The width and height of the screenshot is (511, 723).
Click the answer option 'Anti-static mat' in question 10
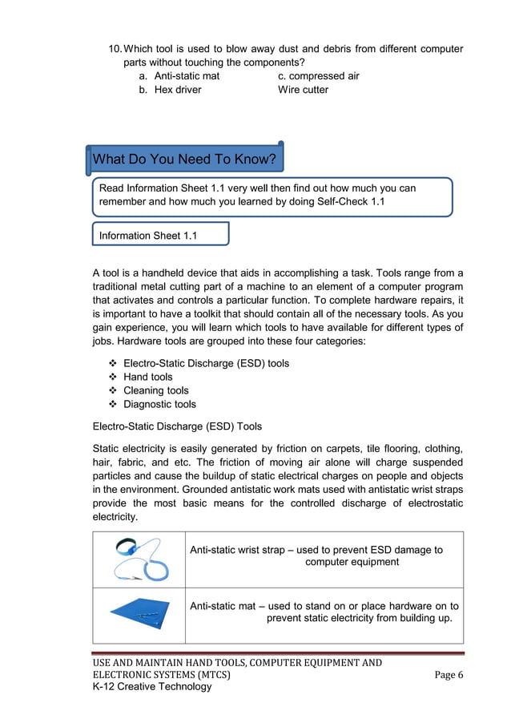[187, 76]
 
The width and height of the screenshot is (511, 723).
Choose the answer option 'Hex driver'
[178, 90]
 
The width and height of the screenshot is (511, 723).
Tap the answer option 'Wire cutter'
[303, 90]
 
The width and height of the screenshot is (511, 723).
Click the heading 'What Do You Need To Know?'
[184, 160]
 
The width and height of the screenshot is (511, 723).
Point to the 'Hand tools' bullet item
[147, 377]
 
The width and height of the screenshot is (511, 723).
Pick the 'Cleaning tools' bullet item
[155, 390]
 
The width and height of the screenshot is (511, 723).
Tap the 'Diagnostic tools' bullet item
[159, 404]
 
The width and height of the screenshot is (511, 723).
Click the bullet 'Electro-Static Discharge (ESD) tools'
[206, 363]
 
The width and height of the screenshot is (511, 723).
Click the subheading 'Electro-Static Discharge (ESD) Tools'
[177, 426]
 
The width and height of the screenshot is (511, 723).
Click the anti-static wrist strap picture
[139, 559]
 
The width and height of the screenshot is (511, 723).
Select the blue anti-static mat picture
[139, 616]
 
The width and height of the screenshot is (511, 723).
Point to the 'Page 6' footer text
[449, 675]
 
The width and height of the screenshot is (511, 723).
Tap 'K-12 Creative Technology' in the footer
[152, 687]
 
